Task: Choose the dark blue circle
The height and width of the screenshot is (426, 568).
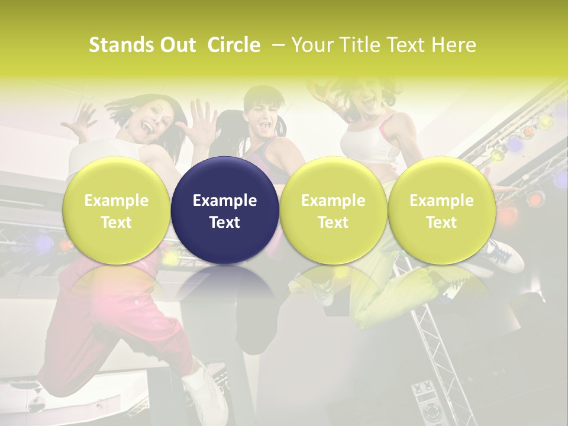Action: tap(225, 210)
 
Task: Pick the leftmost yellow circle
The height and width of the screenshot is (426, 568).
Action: tap(117, 210)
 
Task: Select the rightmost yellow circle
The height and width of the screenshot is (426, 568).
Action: tap(441, 210)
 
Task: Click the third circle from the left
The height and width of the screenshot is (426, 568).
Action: tap(333, 210)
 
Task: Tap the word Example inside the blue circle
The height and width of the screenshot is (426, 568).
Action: tap(225, 201)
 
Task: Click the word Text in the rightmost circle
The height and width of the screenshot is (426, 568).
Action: tap(441, 222)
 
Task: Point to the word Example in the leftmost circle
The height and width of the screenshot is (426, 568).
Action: tap(117, 201)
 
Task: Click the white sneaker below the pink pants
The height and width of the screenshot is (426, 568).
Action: tap(204, 390)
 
